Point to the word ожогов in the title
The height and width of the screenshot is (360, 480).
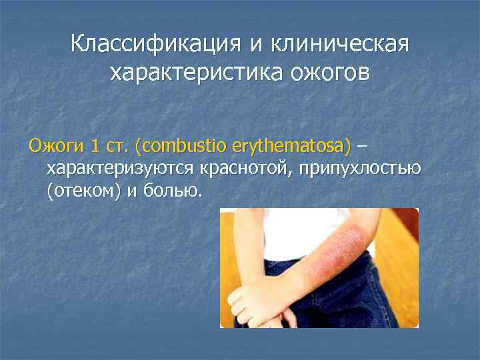(327, 73)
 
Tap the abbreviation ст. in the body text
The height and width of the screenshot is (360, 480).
(118, 145)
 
